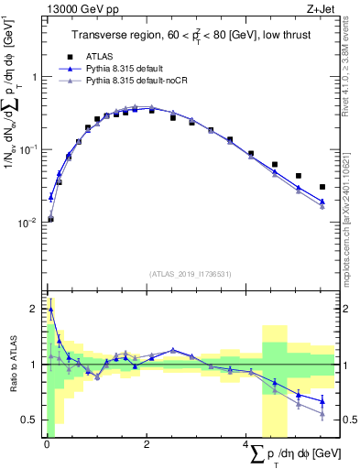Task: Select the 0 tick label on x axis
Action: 47,445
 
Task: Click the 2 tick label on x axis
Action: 147,445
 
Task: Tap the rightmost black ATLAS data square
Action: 322,187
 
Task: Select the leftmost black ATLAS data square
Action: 50,219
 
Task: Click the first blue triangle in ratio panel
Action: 50,310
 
